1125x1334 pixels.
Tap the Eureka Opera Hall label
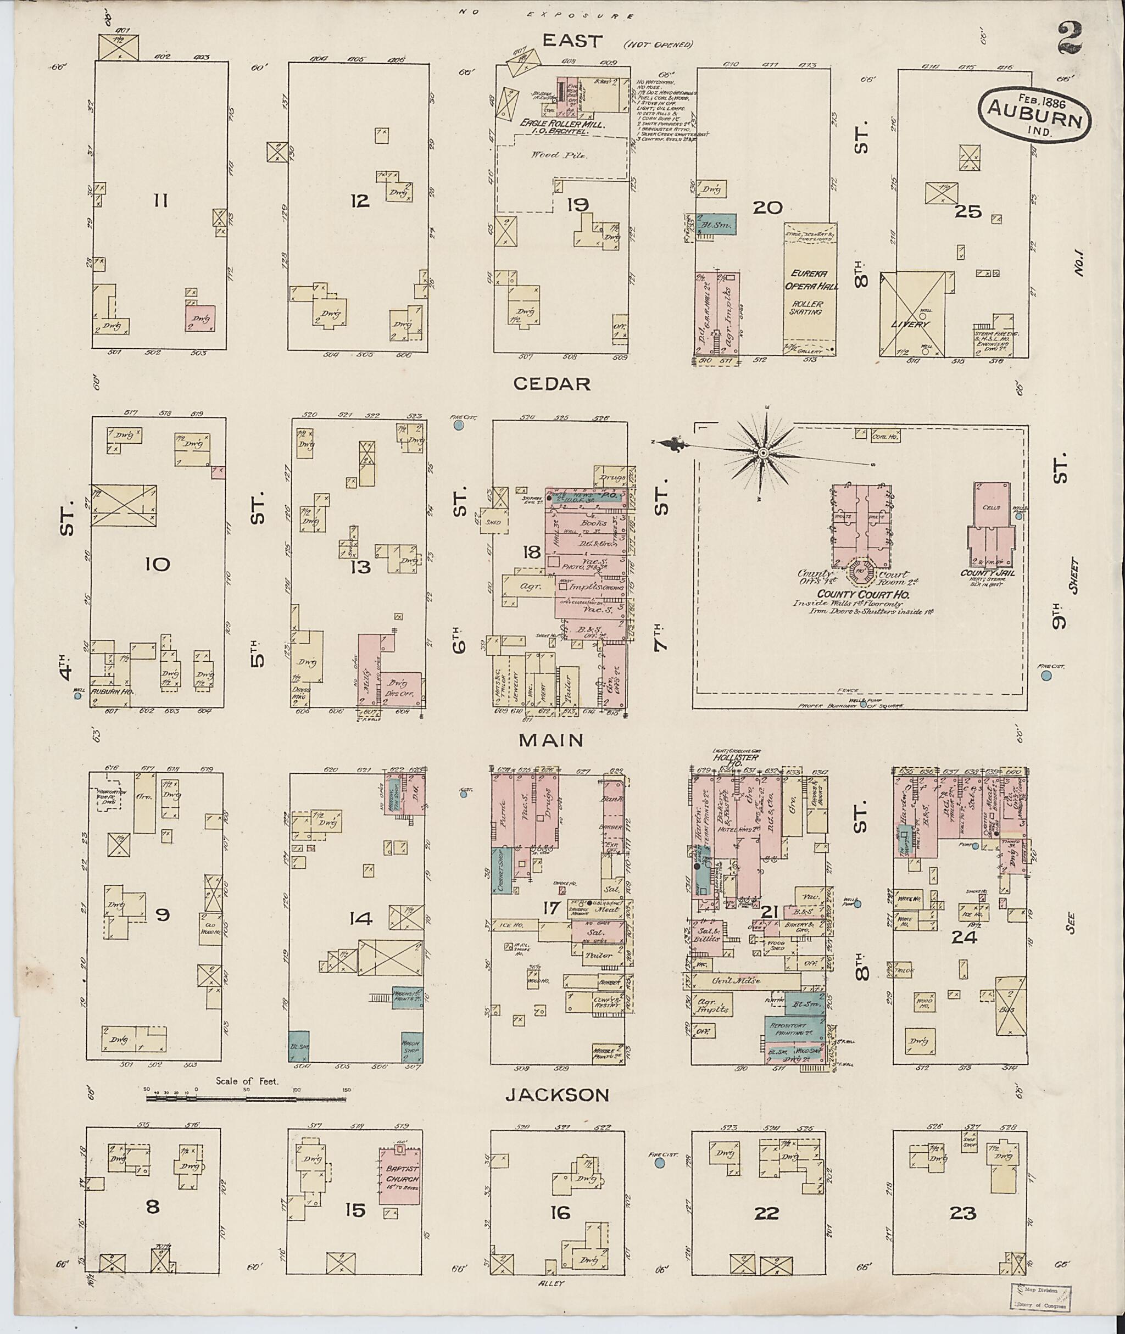809,281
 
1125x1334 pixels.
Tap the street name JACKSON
557,649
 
